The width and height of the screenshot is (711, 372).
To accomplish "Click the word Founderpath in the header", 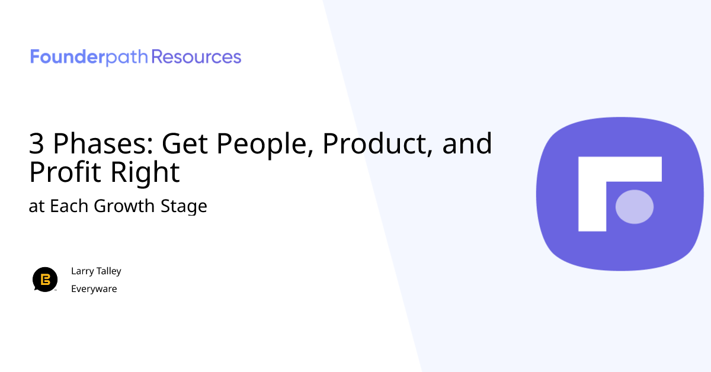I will pyautogui.click(x=89, y=57).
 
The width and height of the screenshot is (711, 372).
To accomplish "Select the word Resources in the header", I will pyautogui.click(x=197, y=57).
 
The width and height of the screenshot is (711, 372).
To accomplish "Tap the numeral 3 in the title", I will pyautogui.click(x=36, y=144).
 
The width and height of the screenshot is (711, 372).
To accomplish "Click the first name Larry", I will pyautogui.click(x=82, y=271).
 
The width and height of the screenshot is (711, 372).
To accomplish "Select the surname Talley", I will pyautogui.click(x=108, y=271).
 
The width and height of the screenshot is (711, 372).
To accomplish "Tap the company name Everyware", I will pyautogui.click(x=94, y=289).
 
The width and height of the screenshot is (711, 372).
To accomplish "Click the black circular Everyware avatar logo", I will pyautogui.click(x=45, y=280).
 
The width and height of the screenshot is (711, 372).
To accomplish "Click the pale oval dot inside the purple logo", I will pyautogui.click(x=635, y=207).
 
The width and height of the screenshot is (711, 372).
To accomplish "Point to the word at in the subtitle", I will pyautogui.click(x=37, y=206).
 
